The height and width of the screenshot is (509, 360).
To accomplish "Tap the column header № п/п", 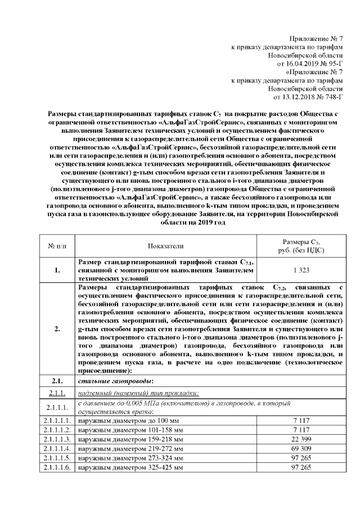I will tap(57, 246).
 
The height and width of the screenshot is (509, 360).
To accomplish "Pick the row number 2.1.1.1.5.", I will tap(57, 458).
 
